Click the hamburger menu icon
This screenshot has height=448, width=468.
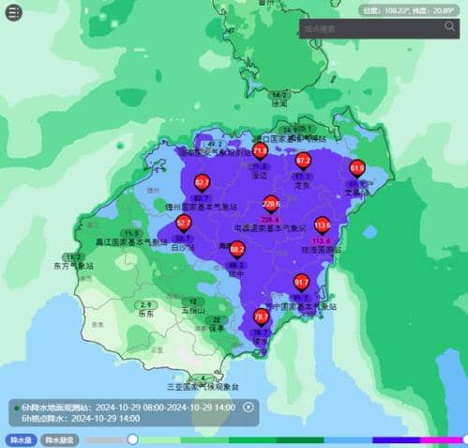coord(12,13)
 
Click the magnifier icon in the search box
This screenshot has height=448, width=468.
coord(450,27)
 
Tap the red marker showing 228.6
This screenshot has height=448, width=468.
coord(271,202)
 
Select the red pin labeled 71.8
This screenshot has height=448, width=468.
coord(260,148)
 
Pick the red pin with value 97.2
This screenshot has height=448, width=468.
coord(303,161)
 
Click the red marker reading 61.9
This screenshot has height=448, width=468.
coord(356,167)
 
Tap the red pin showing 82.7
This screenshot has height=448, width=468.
coord(201,182)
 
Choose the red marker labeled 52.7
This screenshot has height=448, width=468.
coord(184,223)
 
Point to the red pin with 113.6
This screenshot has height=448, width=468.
coord(322,224)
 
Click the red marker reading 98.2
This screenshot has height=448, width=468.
coord(237,250)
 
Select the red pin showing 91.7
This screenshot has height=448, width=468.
coord(301,281)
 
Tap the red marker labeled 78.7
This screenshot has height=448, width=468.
coord(261,317)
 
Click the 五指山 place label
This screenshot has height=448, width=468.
coord(192,309)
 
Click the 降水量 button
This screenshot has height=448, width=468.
coord(20,440)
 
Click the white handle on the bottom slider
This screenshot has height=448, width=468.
coord(132,440)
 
